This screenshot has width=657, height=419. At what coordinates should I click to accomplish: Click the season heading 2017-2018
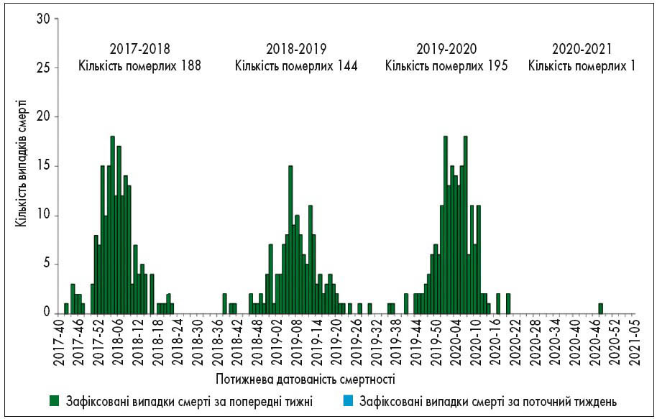140,50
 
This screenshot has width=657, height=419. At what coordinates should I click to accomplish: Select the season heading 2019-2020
446,50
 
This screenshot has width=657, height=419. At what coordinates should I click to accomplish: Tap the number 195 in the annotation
497,66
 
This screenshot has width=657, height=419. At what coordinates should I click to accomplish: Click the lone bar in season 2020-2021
600,308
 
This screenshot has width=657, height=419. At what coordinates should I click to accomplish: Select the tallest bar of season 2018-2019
290,239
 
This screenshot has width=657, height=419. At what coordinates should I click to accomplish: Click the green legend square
54,400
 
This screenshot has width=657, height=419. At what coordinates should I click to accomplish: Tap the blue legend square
349,400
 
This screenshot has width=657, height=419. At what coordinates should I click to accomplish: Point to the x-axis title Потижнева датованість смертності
305,377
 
